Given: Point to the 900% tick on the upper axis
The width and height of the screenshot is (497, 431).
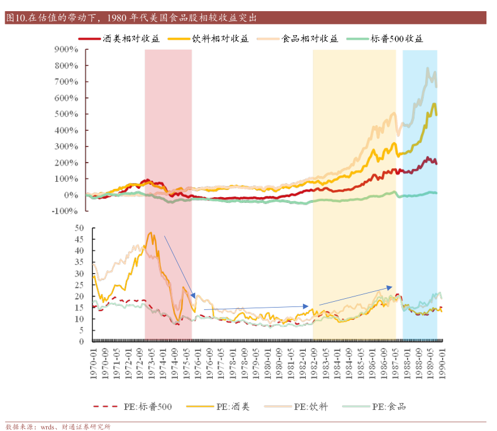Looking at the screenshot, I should coord(65,50).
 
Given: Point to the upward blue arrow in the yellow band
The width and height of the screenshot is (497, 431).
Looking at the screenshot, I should coord(356,295).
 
